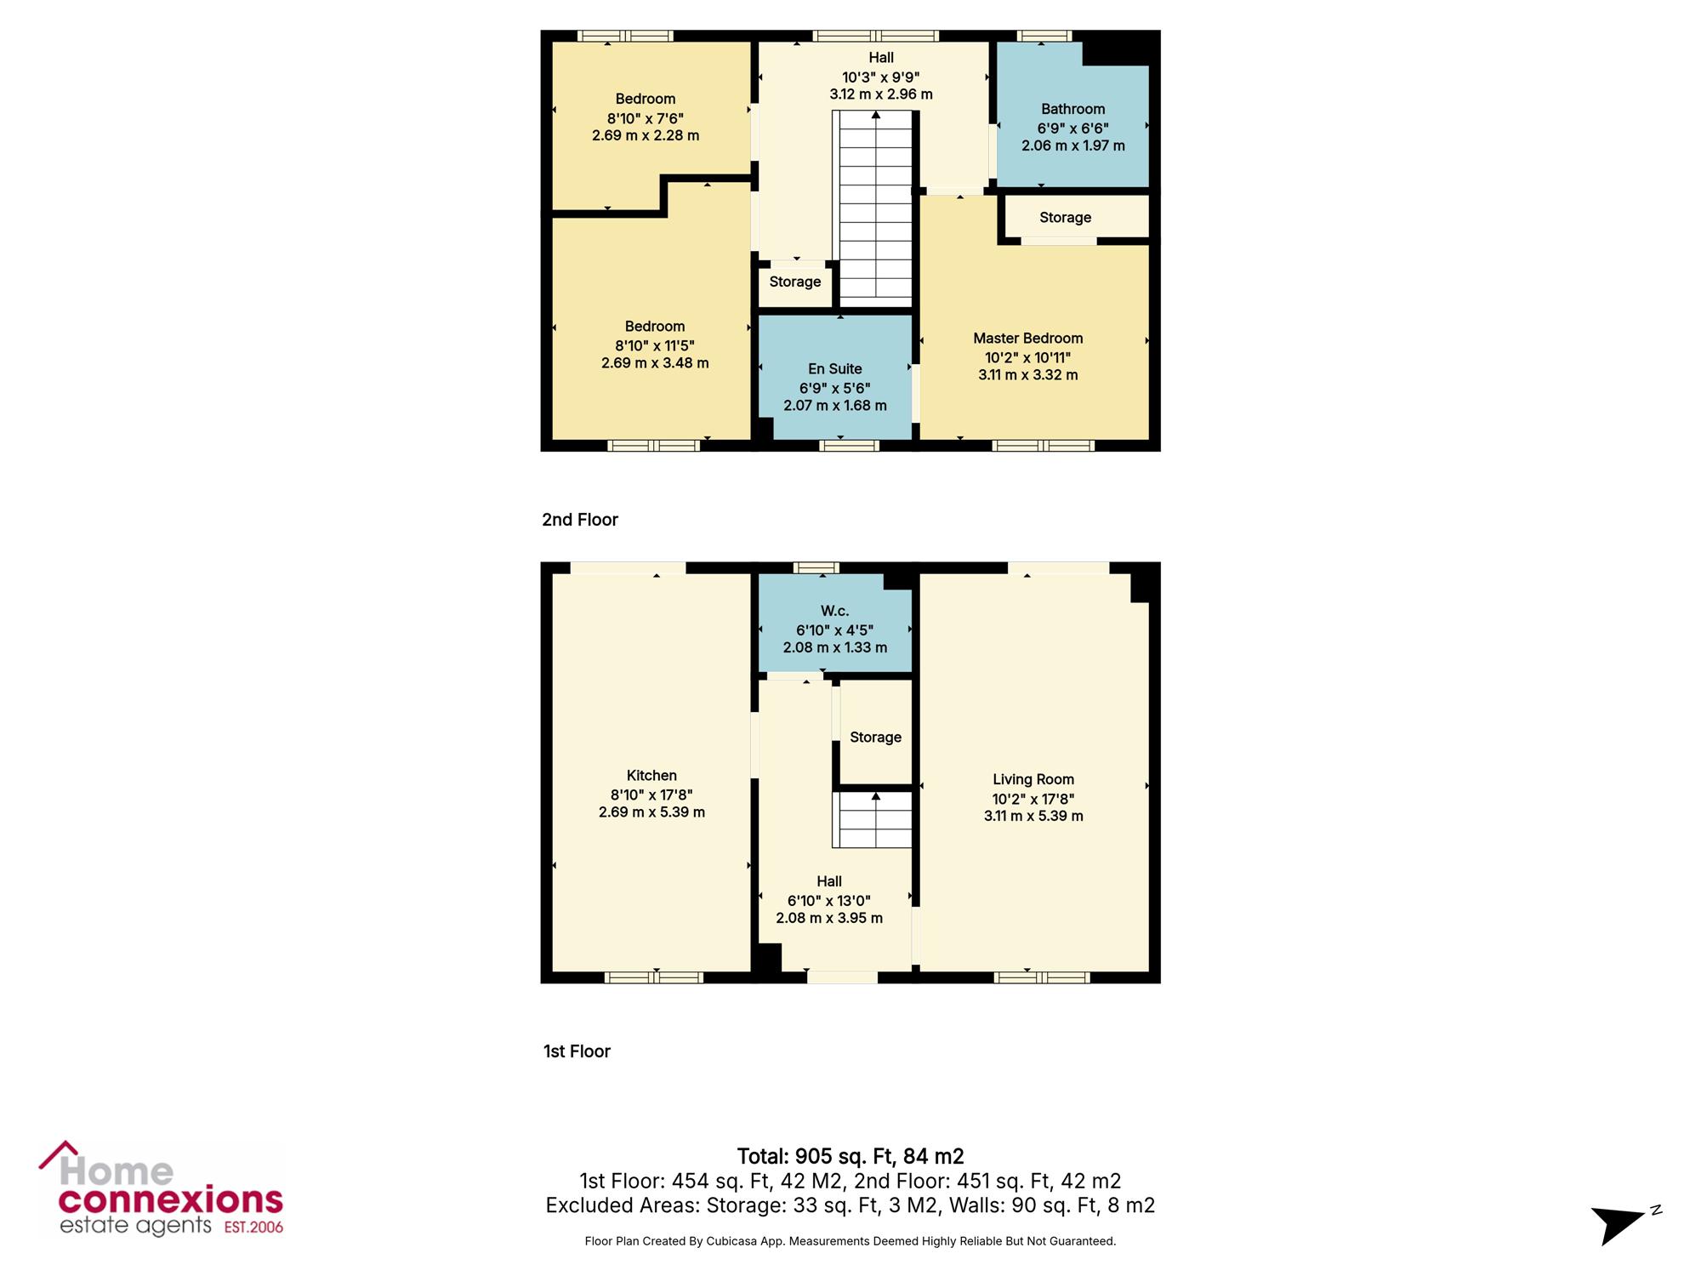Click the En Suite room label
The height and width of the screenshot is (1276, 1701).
tap(834, 368)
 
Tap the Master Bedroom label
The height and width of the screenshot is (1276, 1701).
tap(1027, 338)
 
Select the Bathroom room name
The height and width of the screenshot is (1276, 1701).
tap(1072, 109)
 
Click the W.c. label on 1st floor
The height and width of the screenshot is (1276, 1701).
tap(834, 611)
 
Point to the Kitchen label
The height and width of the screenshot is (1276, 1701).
tap(651, 775)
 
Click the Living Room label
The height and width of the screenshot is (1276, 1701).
tap(1033, 779)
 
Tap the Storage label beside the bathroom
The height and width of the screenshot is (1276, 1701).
tap(1065, 218)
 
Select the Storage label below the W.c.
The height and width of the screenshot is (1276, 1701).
tap(875, 738)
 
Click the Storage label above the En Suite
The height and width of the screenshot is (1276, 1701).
tap(795, 282)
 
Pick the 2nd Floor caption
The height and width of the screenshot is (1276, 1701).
tap(580, 520)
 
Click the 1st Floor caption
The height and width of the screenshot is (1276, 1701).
tap(577, 1051)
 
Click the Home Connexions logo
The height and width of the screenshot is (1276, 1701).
tap(162, 1188)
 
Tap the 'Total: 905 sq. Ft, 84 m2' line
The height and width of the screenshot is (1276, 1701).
tap(850, 1156)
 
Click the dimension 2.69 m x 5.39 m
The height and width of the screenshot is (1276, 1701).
tap(651, 812)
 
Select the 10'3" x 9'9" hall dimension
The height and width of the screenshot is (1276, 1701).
tap(881, 77)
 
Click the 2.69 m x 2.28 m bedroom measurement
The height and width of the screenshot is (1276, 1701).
tap(646, 135)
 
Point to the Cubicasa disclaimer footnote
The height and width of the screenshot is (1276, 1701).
tap(850, 1241)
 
